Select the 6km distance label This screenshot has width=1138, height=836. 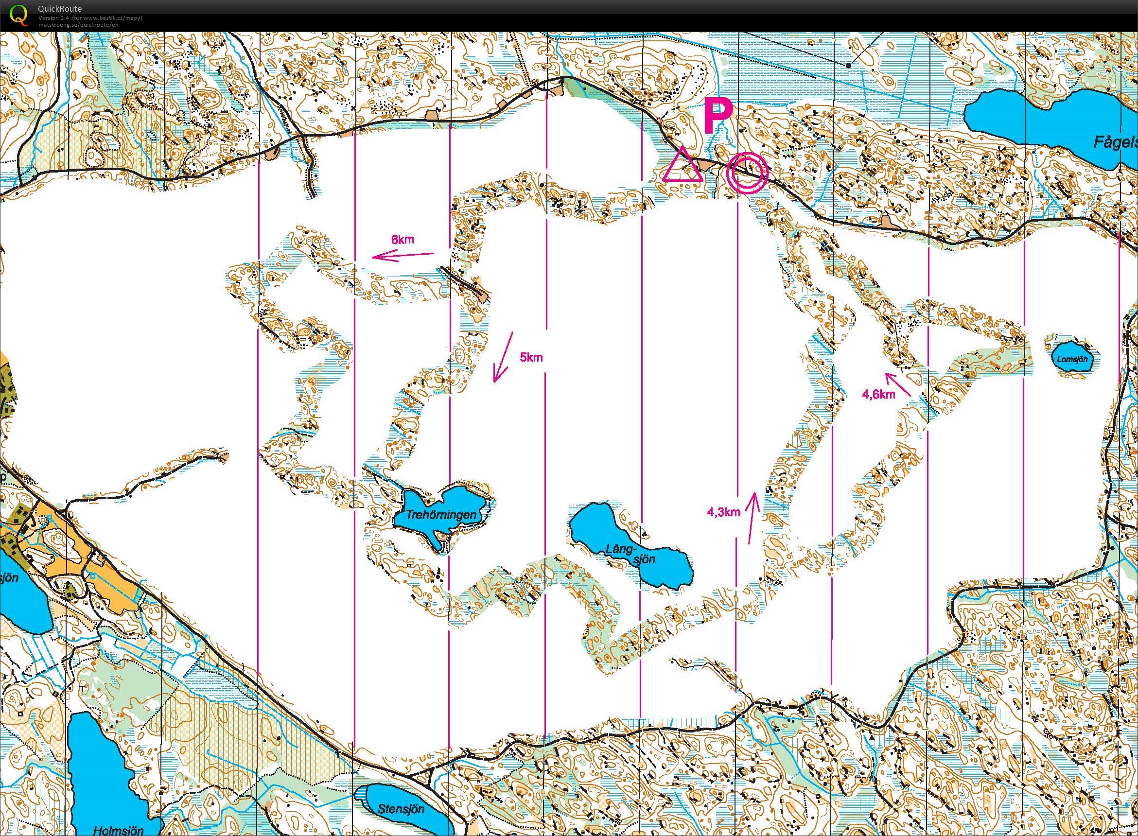pyautogui.click(x=403, y=240)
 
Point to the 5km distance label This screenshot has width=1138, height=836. pyautogui.click(x=531, y=357)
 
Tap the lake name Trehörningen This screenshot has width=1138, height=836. pyautogui.click(x=442, y=516)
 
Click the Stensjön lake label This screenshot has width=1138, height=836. pyautogui.click(x=401, y=809)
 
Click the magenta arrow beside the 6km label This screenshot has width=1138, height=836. pyautogui.click(x=403, y=256)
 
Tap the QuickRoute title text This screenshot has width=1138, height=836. pyautogui.click(x=60, y=9)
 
